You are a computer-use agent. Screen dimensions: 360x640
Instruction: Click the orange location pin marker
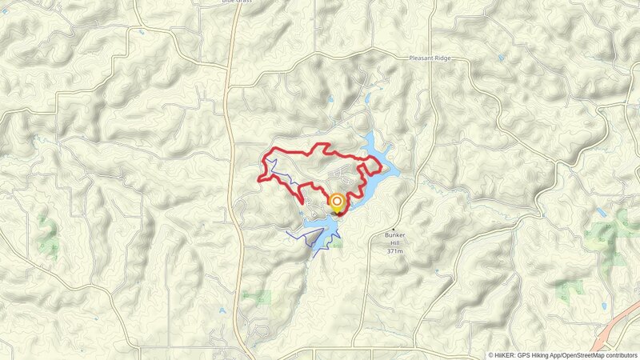coord(337,202)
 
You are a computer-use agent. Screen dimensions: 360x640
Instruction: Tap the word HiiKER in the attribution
coord(506,354)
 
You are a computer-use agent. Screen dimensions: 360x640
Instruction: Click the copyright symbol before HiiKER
coord(491,354)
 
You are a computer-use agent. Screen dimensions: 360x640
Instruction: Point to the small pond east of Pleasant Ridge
coord(501,58)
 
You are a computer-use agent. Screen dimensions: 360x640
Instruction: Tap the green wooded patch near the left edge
coord(48,232)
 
